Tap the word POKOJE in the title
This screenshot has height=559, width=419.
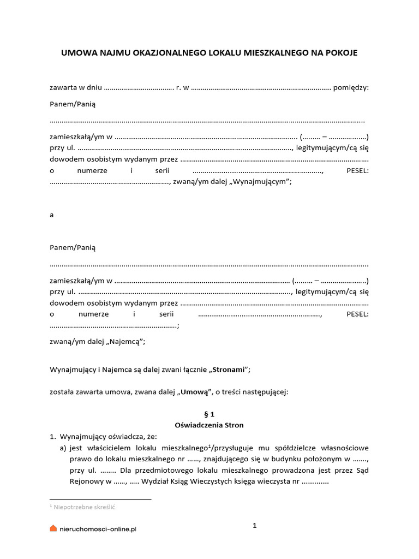(339, 53)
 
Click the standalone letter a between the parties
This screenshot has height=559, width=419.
(52, 215)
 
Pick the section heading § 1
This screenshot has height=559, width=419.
(209, 414)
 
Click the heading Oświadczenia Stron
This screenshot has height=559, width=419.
(209, 425)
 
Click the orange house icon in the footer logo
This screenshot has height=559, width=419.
(53, 528)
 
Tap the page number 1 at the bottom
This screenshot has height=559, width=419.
(254, 526)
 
